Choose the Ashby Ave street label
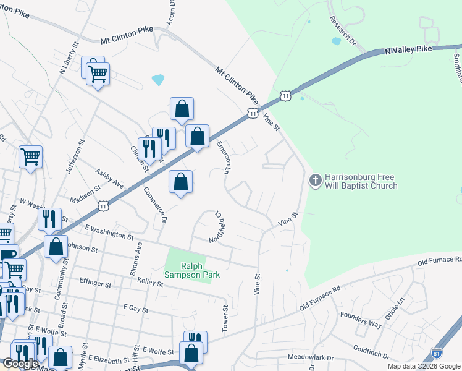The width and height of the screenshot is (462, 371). (x=109, y=177)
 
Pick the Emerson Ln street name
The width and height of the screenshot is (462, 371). (x=226, y=157)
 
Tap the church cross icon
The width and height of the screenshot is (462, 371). (x=315, y=180)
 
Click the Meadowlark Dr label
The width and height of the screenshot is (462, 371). (x=310, y=358)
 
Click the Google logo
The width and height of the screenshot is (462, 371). (x=20, y=364)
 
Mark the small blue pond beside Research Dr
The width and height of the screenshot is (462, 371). (x=336, y=41)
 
